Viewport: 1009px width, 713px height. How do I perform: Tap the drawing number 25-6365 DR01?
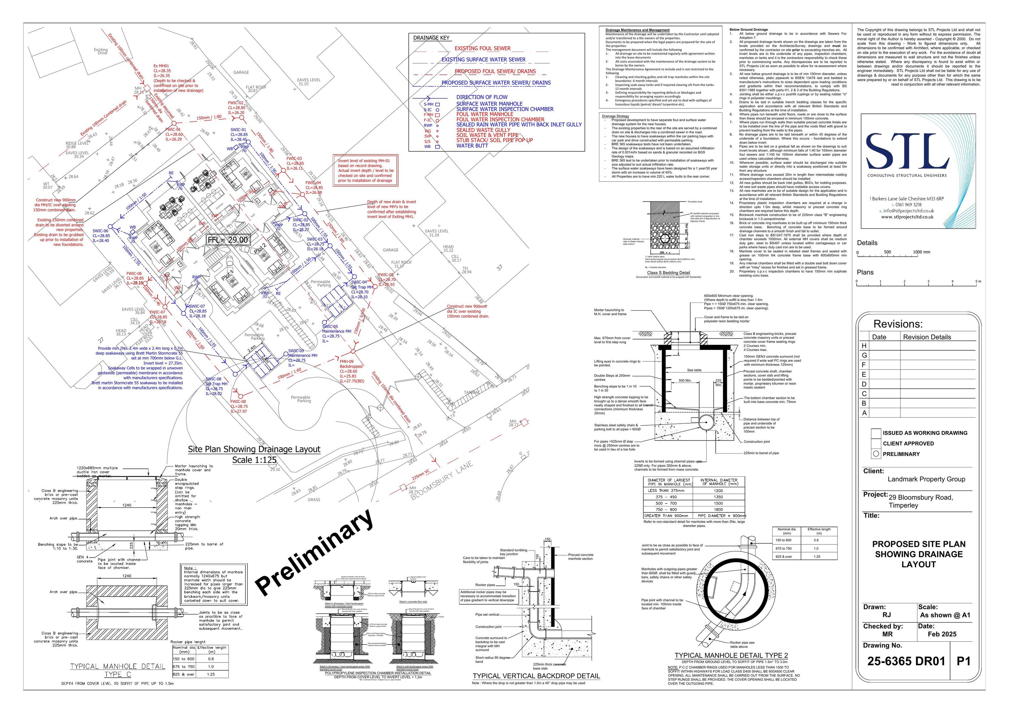click(x=906, y=661)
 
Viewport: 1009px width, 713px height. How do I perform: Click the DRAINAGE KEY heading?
click(x=431, y=38)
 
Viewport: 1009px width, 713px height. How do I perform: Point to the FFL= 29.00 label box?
click(x=228, y=240)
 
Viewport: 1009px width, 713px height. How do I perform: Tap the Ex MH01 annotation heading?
click(x=161, y=66)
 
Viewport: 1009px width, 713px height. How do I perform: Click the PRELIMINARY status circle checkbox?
click(x=876, y=454)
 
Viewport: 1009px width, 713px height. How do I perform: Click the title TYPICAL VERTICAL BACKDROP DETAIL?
click(x=536, y=676)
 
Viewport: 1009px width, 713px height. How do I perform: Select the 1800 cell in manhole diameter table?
click(x=718, y=509)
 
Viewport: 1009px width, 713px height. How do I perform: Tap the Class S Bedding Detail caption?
click(x=668, y=273)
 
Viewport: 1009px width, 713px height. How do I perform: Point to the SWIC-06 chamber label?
click(x=100, y=231)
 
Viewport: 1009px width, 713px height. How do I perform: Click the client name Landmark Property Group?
click(x=926, y=479)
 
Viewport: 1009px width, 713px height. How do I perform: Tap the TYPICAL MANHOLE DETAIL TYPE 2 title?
click(x=731, y=655)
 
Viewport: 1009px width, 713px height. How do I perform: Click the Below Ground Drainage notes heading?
click(x=748, y=30)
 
